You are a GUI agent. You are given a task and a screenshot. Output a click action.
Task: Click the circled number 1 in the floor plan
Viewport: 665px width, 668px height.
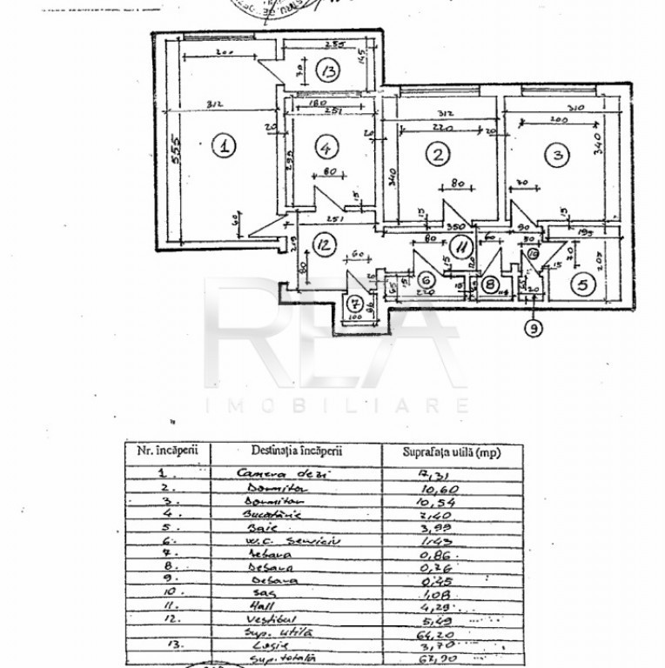click(x=225, y=146)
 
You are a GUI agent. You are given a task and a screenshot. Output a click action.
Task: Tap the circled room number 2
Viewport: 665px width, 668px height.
click(x=437, y=155)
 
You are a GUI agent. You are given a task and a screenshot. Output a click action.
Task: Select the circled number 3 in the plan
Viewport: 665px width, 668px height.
click(x=556, y=155)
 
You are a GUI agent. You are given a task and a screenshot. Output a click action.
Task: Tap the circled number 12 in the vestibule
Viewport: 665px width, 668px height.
click(x=323, y=245)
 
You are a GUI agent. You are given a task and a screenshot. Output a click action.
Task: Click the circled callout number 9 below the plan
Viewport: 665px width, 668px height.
click(x=533, y=328)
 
